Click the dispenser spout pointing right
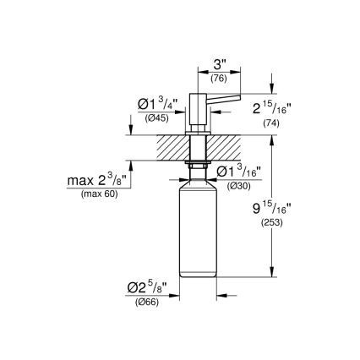tap(221, 106)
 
